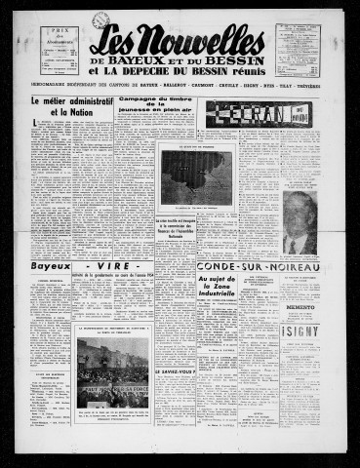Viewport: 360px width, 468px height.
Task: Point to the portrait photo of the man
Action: [x=299, y=223]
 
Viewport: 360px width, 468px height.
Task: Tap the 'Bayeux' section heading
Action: [x=52, y=264]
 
